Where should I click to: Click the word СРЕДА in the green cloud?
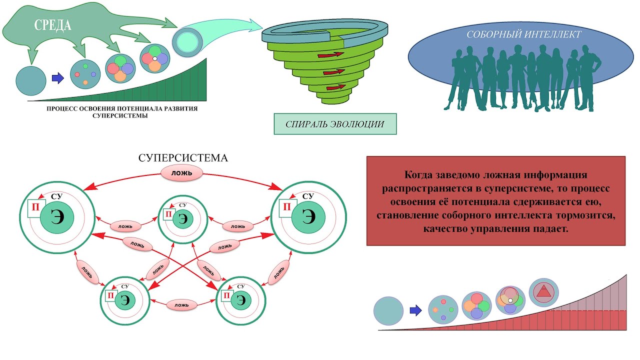pyautogui.click(x=52, y=25)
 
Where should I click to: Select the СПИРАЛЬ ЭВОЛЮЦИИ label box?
pyautogui.click(x=335, y=124)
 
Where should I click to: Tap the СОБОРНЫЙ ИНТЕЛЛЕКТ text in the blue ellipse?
pyautogui.click(x=523, y=35)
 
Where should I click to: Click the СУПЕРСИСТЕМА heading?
pyautogui.click(x=183, y=158)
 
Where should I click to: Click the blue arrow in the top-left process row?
pyautogui.click(x=58, y=78)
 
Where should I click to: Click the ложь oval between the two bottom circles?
pyautogui.click(x=182, y=304)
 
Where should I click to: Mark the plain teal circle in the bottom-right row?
pyautogui.click(x=388, y=310)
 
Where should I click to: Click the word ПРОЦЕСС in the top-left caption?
pyautogui.click(x=60, y=108)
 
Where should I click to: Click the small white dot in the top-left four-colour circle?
pyautogui.click(x=155, y=59)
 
